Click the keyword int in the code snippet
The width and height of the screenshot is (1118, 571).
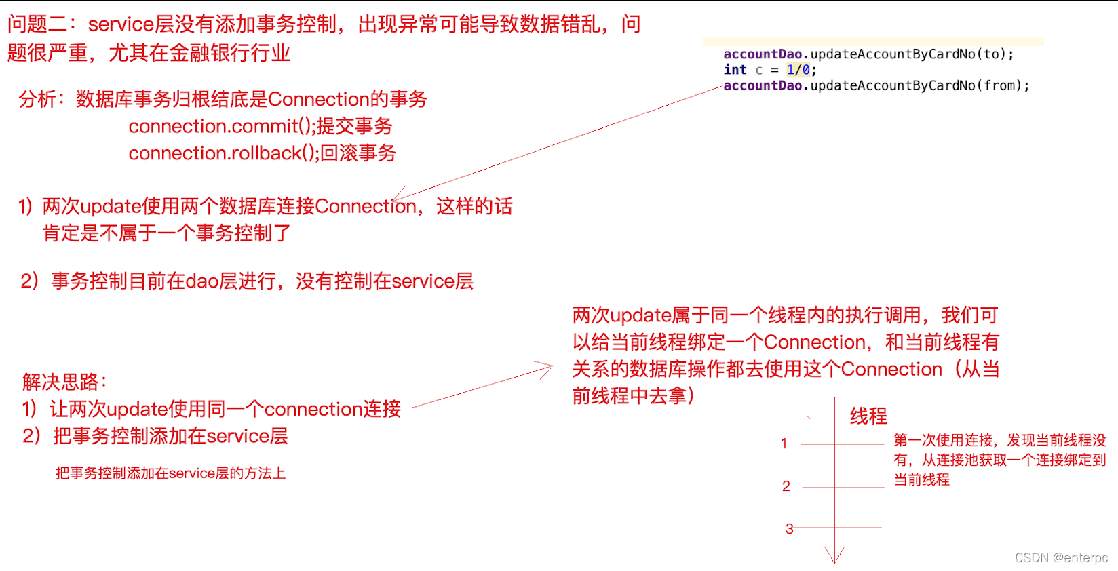(x=735, y=70)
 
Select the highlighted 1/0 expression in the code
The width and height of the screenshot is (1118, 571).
(x=798, y=70)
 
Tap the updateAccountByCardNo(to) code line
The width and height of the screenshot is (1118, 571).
(x=868, y=54)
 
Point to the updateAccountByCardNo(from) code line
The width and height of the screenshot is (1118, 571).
(x=876, y=85)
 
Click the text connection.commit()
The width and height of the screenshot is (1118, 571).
(x=221, y=126)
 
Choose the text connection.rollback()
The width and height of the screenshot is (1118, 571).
(x=223, y=153)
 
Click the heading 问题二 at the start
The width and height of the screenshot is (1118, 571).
(x=37, y=24)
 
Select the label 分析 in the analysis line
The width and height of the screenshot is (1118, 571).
(x=37, y=99)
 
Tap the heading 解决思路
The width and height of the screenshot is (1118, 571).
(x=64, y=382)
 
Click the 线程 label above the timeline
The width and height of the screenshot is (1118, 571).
(x=868, y=416)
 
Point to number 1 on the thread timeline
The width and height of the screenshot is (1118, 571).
(x=784, y=444)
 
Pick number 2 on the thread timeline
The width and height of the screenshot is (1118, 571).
(x=786, y=486)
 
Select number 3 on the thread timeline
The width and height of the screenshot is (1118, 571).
(x=789, y=529)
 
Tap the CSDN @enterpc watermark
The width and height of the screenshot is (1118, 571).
(x=1061, y=557)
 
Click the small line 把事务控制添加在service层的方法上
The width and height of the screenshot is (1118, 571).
(x=170, y=473)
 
